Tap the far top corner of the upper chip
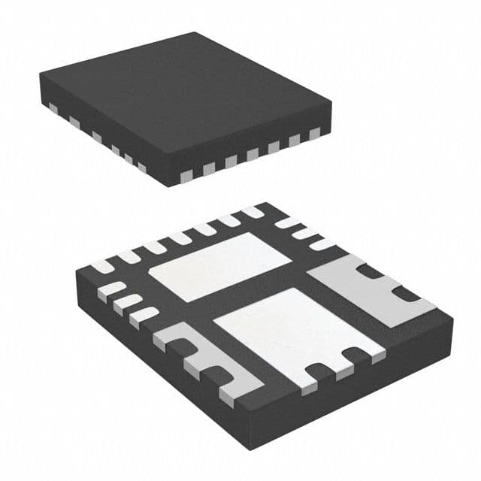(x=197, y=34)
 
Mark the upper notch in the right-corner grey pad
(x=373, y=271)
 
